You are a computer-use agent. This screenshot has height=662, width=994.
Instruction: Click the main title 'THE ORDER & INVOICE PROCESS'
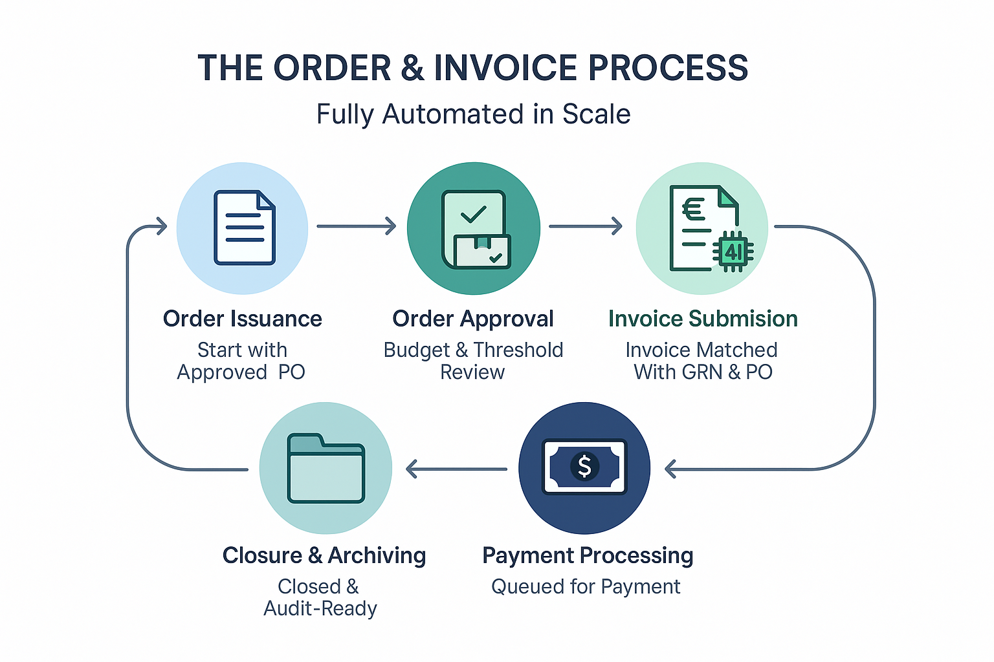click(472, 68)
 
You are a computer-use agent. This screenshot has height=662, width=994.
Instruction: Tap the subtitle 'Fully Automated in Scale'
click(473, 114)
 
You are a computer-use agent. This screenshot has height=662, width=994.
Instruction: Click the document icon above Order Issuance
click(245, 228)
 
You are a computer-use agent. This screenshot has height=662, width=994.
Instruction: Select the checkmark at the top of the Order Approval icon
click(474, 213)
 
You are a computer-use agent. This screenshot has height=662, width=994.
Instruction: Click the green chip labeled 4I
click(733, 251)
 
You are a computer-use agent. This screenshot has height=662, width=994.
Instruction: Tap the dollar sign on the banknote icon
click(584, 466)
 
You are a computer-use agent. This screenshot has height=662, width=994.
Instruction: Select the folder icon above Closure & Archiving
click(326, 468)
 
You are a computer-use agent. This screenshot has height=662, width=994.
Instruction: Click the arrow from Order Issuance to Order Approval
click(356, 226)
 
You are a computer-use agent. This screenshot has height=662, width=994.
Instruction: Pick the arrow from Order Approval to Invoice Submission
click(585, 226)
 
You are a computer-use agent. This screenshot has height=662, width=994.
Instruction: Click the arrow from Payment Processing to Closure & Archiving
click(456, 469)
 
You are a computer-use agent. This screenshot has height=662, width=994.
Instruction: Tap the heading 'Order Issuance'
click(242, 319)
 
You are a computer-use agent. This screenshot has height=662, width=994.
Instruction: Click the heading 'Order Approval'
click(473, 319)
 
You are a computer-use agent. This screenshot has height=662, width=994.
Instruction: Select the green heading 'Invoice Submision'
click(703, 319)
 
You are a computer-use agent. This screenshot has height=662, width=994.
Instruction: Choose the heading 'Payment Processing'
click(588, 555)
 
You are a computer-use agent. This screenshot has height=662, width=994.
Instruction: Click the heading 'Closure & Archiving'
click(324, 555)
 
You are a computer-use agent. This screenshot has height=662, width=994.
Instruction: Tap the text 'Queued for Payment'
click(586, 586)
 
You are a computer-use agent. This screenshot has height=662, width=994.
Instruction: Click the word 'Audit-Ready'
click(320, 608)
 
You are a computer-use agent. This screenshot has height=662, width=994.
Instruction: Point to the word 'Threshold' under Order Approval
click(518, 350)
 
